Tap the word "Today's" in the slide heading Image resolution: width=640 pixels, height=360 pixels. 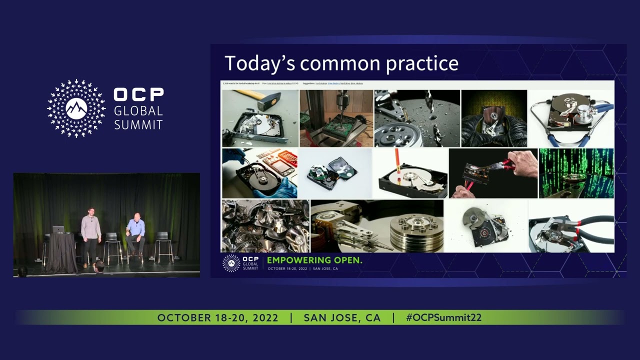pyautogui.click(x=259, y=63)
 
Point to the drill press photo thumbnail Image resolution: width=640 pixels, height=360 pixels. pyautogui.click(x=336, y=118)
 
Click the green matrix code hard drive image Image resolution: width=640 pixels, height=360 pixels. pyautogui.click(x=576, y=173)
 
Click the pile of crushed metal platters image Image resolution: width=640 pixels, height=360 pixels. pyautogui.click(x=265, y=226)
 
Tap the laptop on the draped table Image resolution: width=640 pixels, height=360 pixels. pyautogui.click(x=58, y=229)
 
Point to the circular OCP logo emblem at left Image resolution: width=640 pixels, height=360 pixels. pyautogui.click(x=76, y=108)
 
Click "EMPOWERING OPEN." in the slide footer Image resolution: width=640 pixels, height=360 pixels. pyautogui.click(x=314, y=260)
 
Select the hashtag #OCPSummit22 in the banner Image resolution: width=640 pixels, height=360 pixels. pyautogui.click(x=443, y=318)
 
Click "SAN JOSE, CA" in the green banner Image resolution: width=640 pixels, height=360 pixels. pyautogui.click(x=342, y=318)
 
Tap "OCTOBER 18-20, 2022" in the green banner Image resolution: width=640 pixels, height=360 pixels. pyautogui.click(x=217, y=318)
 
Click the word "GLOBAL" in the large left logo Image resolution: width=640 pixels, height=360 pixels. pyautogui.click(x=138, y=111)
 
